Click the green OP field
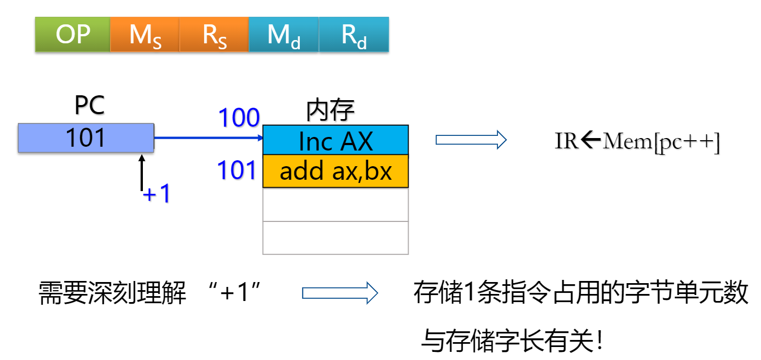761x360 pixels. (x=73, y=35)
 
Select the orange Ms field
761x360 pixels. (x=145, y=35)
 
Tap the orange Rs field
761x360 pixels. (x=214, y=35)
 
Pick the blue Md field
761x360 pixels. (x=284, y=35)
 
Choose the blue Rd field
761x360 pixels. (x=353, y=35)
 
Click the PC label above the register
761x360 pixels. (x=89, y=106)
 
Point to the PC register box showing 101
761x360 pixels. (x=86, y=138)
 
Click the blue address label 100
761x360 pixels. (x=239, y=118)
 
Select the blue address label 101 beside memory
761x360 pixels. (x=237, y=171)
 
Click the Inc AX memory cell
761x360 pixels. (x=336, y=140)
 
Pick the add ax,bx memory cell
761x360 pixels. (x=336, y=171)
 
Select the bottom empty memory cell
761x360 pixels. (x=336, y=238)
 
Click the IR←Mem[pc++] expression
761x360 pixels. (x=637, y=141)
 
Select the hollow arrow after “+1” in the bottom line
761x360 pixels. (x=339, y=293)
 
